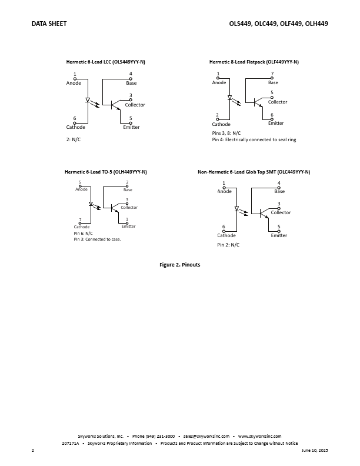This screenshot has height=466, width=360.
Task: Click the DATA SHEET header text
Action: click(x=49, y=24)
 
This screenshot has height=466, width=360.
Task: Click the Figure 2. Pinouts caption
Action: click(x=179, y=265)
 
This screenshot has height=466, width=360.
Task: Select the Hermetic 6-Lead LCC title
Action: click(x=105, y=62)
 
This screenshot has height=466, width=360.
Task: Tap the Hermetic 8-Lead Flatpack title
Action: click(x=254, y=62)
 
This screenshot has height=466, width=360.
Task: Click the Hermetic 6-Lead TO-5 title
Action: click(x=106, y=172)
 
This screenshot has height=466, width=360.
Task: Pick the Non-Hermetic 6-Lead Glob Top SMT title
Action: click(x=254, y=172)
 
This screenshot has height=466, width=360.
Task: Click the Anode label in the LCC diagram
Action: click(x=74, y=83)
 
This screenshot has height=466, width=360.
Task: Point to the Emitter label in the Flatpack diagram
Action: click(x=276, y=123)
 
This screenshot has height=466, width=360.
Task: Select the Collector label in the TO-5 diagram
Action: click(x=129, y=208)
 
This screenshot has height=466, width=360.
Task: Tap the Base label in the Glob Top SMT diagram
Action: click(x=279, y=191)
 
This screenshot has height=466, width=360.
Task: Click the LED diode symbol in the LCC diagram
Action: click(x=88, y=100)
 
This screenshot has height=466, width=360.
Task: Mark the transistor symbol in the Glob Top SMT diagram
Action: click(x=263, y=213)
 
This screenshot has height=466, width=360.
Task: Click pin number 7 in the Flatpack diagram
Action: click(x=272, y=74)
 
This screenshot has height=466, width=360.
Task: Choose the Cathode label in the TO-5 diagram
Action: click(x=82, y=227)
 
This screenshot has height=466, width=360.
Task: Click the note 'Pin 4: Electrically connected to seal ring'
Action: click(x=254, y=139)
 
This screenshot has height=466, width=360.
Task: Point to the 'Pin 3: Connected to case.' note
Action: click(x=98, y=239)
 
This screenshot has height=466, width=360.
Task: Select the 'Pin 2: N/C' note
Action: click(x=228, y=245)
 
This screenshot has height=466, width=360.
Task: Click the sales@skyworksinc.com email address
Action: click(x=206, y=436)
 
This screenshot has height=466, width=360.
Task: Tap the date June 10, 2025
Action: click(x=315, y=450)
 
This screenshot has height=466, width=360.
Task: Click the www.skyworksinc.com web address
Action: click(x=259, y=436)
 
